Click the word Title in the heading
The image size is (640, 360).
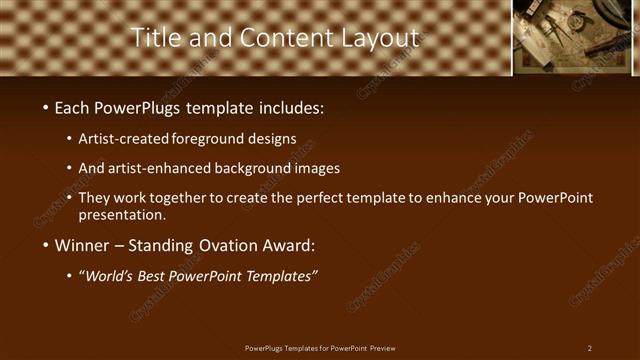pos(155,38)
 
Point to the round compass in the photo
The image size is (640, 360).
pos(578,20)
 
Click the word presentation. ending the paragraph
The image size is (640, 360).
pos(122,214)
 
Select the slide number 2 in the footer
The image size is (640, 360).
pos(590,348)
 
